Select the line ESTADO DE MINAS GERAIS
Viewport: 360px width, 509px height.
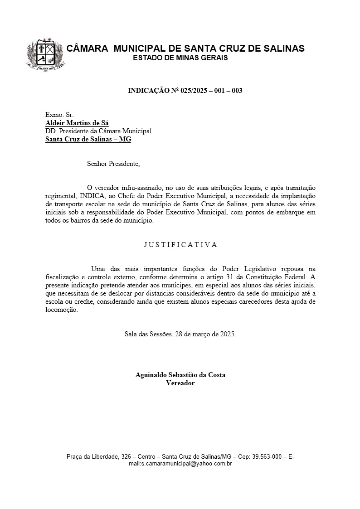[180, 58]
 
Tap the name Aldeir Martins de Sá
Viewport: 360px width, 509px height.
[77, 123]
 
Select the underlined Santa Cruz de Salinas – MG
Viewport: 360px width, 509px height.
[88, 139]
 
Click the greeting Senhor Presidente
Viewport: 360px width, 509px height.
[113, 164]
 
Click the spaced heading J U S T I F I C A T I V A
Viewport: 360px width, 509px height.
[180, 245]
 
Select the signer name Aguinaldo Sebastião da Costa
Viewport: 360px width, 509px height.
[180, 375]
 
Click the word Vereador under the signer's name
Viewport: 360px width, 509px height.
[180, 383]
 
